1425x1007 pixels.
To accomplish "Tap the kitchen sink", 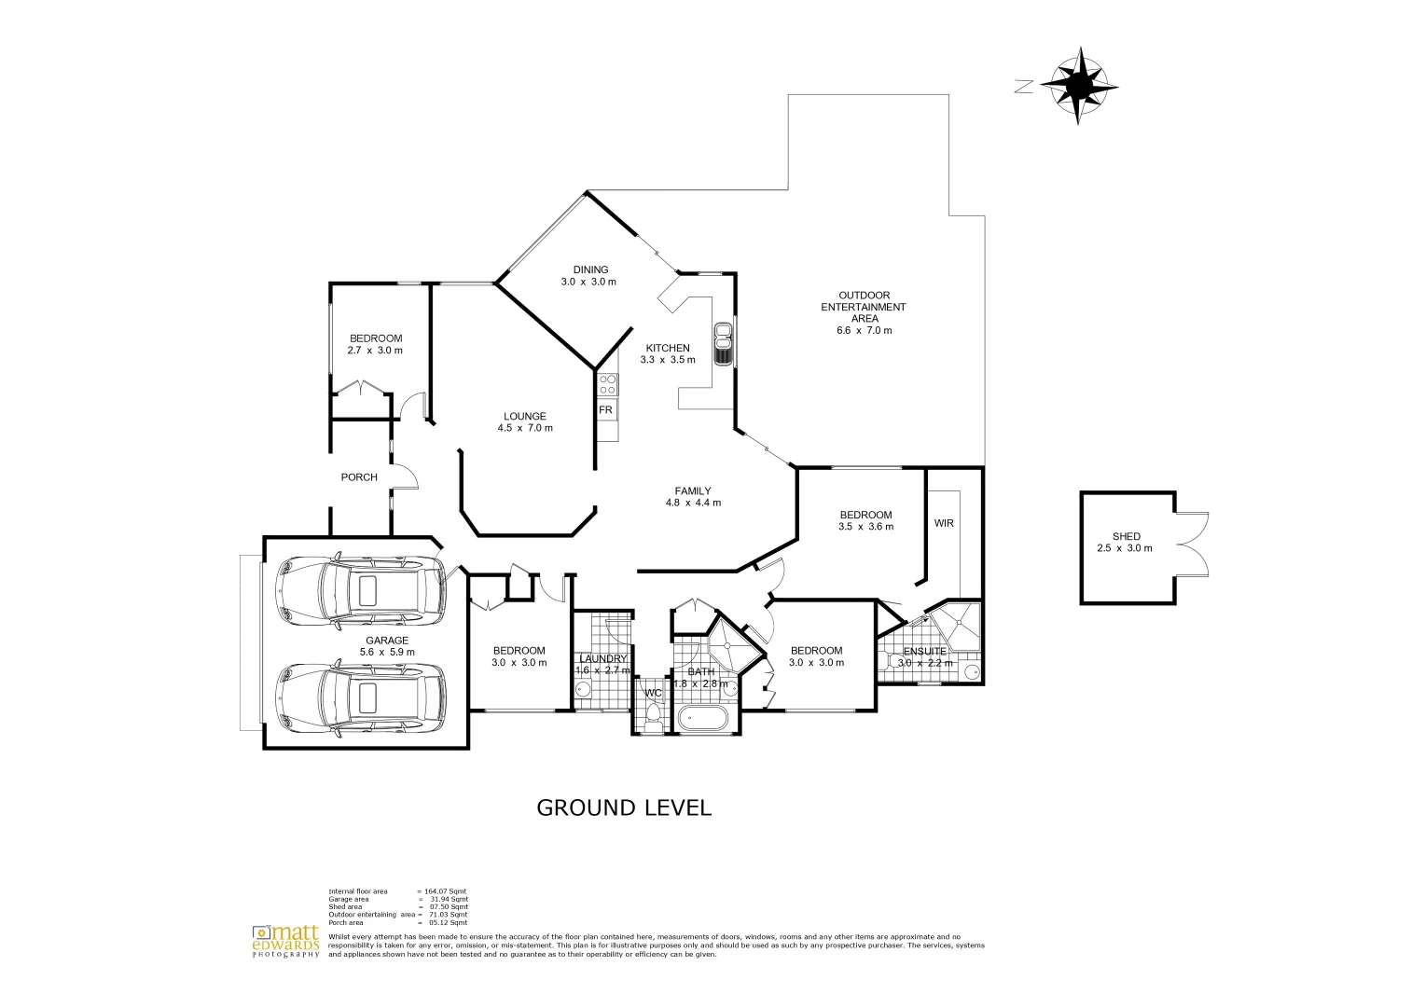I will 722,344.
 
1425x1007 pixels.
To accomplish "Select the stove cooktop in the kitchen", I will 607,385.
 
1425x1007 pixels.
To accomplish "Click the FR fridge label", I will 605,410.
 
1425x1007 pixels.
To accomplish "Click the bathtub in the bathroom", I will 704,718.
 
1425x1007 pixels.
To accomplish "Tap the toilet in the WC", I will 653,716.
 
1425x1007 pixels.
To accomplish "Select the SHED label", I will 1126,537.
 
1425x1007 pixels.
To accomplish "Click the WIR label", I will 944,523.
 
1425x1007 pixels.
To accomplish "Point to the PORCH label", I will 359,477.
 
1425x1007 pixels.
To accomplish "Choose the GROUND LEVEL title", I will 623,808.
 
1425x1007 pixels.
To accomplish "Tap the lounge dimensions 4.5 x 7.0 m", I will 525,429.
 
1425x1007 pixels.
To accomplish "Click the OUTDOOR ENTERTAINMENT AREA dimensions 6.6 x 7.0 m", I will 864,330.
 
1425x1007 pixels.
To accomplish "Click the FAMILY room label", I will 693,490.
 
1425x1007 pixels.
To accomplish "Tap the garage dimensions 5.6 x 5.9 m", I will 387,653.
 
